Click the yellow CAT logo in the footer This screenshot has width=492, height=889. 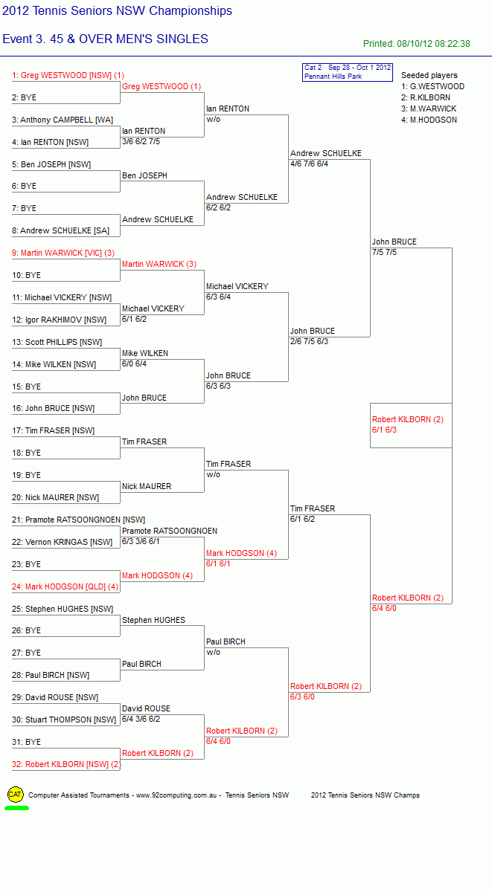tap(16, 795)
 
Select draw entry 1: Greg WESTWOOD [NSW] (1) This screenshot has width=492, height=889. tap(68, 75)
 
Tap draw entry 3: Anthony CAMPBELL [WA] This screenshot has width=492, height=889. tap(63, 120)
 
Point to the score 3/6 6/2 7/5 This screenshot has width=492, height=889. tap(141, 141)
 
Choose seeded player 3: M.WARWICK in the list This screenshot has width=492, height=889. tap(429, 109)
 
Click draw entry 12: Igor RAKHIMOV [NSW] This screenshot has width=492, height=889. tap(59, 320)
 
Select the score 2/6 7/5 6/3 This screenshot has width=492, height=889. tap(309, 341)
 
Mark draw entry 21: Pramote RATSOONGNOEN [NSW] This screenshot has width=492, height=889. tap(78, 520)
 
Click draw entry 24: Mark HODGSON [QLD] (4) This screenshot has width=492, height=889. tap(66, 586)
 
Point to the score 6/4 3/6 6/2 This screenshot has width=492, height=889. tap(141, 719)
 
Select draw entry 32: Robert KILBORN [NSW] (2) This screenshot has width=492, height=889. tap(66, 764)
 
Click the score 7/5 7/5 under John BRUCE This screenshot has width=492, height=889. tap(384, 252)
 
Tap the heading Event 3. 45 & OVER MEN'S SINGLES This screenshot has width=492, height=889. tap(106, 39)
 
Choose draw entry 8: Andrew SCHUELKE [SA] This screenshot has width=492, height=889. tap(65, 230)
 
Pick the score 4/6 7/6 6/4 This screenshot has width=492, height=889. tap(309, 164)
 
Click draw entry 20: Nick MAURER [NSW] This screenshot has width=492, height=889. tap(56, 497)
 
